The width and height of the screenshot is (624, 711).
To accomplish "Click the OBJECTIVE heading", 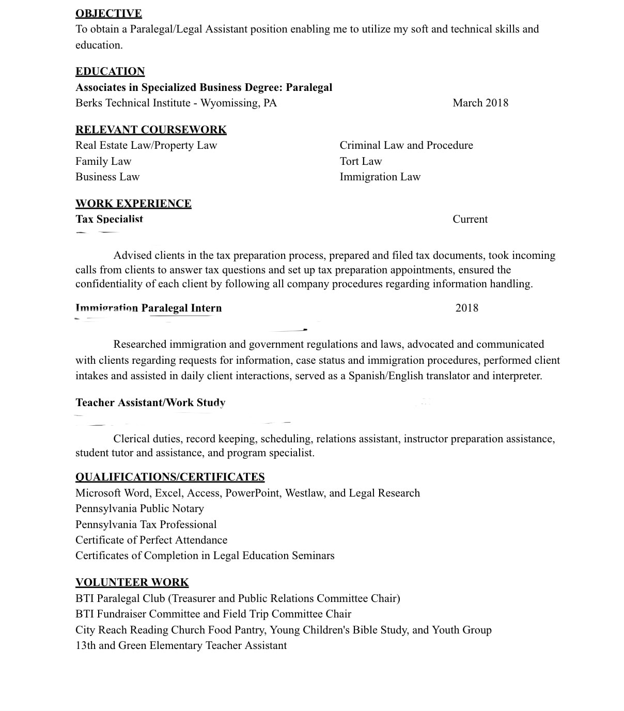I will coord(108,13).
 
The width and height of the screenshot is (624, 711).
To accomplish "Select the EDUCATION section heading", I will coord(110,71).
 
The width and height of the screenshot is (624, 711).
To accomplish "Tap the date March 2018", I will coord(480,103).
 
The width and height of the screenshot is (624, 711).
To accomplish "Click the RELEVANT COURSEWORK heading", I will coord(151,130).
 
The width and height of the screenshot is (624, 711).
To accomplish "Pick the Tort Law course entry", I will coord(361,161).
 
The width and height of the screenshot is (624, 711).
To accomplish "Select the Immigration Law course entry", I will coord(380,177).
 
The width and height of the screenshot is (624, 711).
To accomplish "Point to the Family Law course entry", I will coord(103,161).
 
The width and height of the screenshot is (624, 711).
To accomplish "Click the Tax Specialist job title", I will coord(109,219).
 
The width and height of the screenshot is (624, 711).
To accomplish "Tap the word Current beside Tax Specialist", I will coord(470,219).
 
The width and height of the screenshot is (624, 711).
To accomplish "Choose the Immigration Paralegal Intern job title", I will coord(149,308).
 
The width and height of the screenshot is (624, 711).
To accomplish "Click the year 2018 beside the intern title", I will coord(466,308).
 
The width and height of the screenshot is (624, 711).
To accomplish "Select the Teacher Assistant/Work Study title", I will coord(150,403).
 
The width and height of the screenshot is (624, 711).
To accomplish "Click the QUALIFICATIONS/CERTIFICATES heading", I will coord(170,477).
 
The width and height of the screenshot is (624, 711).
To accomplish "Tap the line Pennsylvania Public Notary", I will coord(139,508).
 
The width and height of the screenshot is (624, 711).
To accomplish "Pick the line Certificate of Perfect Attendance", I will coord(151,540).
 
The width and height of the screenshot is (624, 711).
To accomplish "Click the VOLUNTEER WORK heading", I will coord(132,582).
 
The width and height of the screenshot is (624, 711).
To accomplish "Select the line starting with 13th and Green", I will coord(181,645).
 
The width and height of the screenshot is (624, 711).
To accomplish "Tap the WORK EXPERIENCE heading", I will coord(133,204).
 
